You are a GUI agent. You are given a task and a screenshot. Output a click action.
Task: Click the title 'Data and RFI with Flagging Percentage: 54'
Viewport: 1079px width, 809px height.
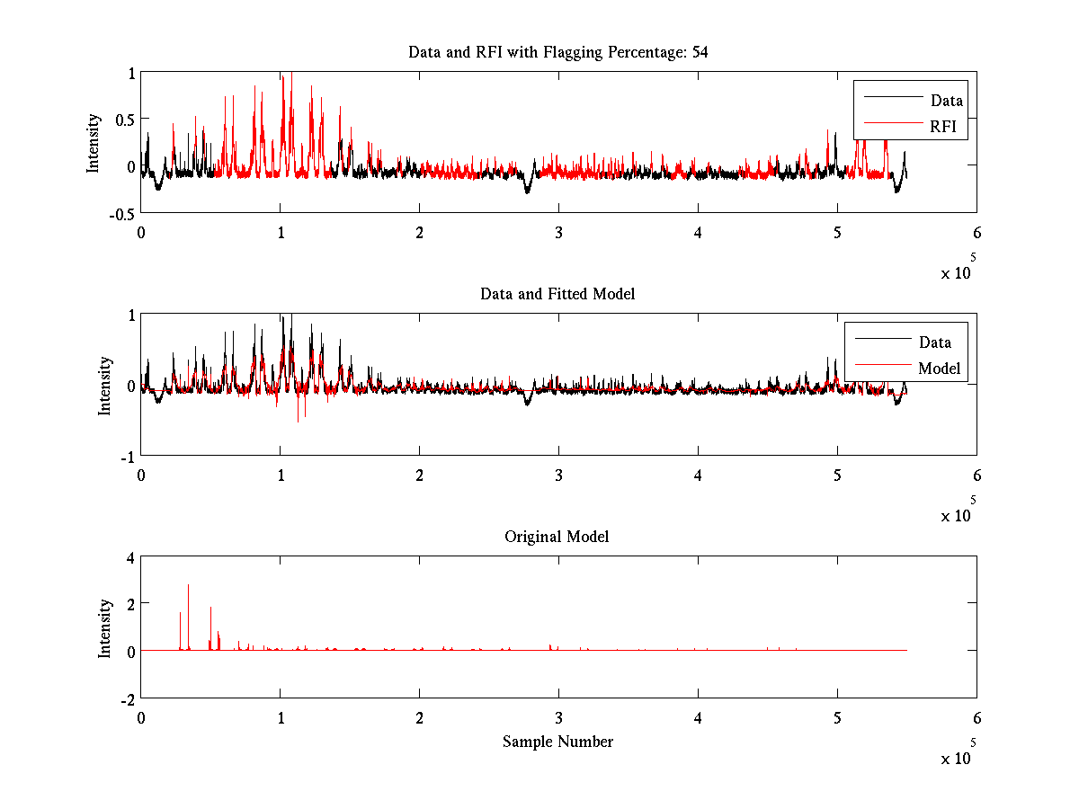557,52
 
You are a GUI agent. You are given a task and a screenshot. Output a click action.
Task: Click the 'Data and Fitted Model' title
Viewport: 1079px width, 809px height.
557,294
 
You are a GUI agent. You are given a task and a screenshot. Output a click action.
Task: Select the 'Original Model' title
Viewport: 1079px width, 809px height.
557,537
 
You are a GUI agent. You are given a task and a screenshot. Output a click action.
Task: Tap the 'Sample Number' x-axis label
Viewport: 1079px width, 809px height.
557,742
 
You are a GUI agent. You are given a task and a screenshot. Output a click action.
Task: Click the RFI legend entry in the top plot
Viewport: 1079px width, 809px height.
947,128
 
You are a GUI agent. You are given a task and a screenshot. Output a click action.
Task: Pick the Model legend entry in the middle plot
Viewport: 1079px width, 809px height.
939,369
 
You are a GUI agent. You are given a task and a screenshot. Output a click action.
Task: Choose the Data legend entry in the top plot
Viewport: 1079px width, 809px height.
946,101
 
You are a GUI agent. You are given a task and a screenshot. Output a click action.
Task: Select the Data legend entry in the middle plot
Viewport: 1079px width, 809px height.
934,342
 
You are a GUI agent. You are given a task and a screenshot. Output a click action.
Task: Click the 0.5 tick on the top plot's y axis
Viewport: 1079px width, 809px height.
123,120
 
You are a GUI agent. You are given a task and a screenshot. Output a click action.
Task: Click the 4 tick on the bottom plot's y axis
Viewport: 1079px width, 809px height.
129,557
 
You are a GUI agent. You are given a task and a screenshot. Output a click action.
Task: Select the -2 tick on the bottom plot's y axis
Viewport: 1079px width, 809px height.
127,698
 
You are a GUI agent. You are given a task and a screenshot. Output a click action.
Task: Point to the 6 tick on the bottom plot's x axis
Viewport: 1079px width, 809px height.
976,717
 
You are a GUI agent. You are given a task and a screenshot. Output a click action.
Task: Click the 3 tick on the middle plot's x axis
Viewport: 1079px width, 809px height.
558,475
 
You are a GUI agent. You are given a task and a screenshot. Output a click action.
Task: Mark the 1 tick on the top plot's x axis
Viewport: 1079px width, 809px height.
281,232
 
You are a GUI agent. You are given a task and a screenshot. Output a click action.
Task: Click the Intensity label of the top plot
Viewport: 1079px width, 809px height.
94,142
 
